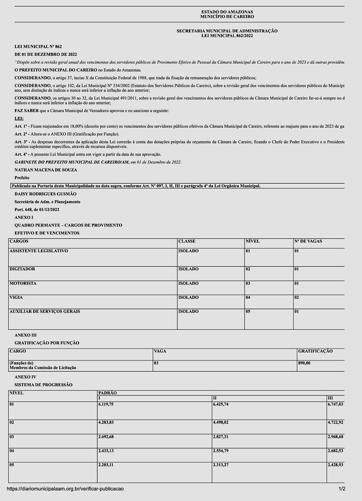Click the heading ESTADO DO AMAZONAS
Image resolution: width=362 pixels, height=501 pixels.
(x=227, y=12)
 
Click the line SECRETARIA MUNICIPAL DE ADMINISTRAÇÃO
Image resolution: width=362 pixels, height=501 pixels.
(x=227, y=31)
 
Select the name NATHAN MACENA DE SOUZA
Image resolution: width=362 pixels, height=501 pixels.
(x=46, y=170)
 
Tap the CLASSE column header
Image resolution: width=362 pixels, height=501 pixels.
(x=186, y=241)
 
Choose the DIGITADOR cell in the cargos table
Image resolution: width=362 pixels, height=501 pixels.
(x=22, y=269)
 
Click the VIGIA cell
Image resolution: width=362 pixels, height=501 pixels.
(x=16, y=298)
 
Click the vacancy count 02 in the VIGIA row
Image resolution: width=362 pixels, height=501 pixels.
(x=297, y=298)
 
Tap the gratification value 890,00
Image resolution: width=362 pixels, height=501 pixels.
(x=304, y=363)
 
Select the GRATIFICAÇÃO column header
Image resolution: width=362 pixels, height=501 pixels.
(x=315, y=351)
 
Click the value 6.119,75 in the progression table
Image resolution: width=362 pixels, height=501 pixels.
(x=106, y=404)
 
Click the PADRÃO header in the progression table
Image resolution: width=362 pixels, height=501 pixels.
(x=107, y=393)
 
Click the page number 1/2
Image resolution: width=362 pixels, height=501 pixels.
(x=342, y=489)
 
